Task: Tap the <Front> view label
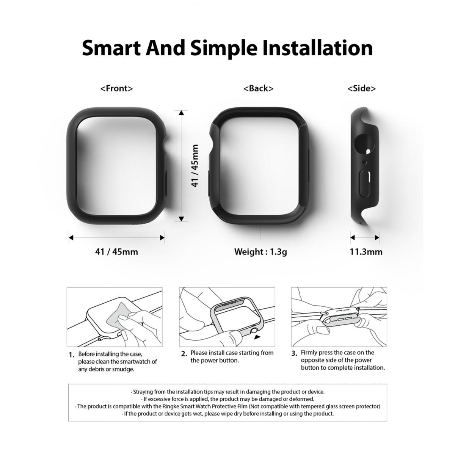pyautogui.click(x=116, y=88)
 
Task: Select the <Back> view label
pyautogui.click(x=258, y=88)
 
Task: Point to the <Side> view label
pyautogui.click(x=361, y=88)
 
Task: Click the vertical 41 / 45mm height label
pyautogui.click(x=195, y=165)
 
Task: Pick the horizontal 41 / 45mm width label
pyautogui.click(x=116, y=251)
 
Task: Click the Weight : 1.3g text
pyautogui.click(x=260, y=251)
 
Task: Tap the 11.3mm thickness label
pyautogui.click(x=366, y=251)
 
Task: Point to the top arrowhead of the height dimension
pyautogui.click(x=182, y=113)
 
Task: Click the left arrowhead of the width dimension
pyautogui.click(x=71, y=238)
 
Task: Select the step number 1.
pyautogui.click(x=71, y=355)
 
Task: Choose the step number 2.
pyautogui.click(x=184, y=354)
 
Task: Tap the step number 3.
pyautogui.click(x=294, y=354)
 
